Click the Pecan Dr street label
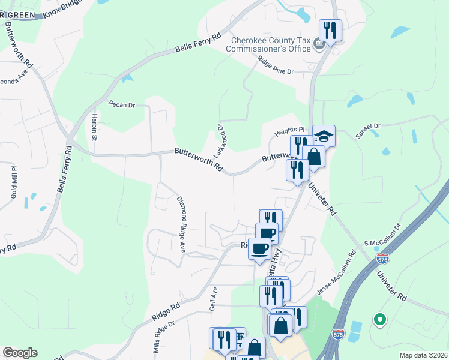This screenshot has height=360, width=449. click(x=122, y=104)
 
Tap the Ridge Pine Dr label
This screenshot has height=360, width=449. click(x=274, y=65)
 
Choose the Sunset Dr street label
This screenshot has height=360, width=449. click(x=368, y=131)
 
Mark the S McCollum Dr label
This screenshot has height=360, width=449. click(x=382, y=234)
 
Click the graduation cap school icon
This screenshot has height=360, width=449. click(x=324, y=136)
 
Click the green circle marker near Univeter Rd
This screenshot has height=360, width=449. click(x=379, y=320)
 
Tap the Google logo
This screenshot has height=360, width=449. click(x=20, y=353)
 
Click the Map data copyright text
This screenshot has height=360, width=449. click(x=423, y=355)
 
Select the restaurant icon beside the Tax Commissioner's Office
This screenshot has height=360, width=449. click(x=330, y=29)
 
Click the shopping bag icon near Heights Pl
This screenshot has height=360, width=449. click(x=314, y=156)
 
